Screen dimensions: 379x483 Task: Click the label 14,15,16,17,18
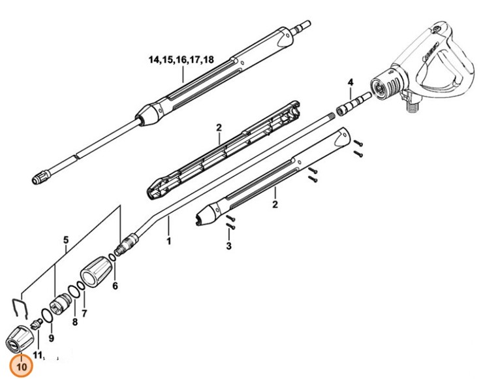click(x=181, y=59)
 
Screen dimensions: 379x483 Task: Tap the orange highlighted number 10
click(x=22, y=367)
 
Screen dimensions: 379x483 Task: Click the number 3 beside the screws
click(x=229, y=246)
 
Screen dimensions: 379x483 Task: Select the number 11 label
click(x=37, y=355)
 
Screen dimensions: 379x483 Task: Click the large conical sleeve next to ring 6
click(x=95, y=269)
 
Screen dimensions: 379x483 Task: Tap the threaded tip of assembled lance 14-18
click(x=40, y=176)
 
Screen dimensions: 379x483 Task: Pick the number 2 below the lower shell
click(x=275, y=205)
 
